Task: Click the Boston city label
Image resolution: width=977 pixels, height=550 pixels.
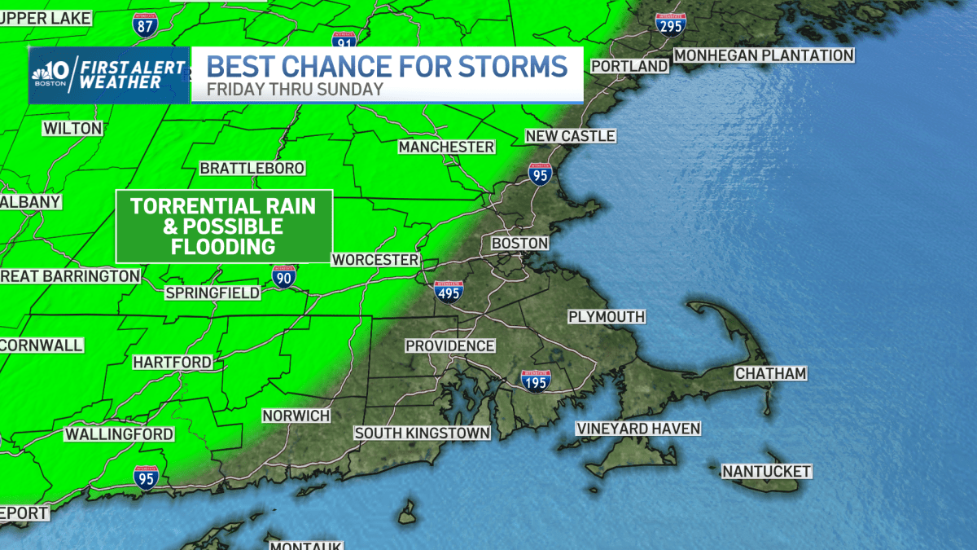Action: tap(519, 244)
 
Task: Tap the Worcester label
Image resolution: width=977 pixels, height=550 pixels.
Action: tap(375, 260)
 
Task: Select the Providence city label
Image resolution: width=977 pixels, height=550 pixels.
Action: tap(450, 345)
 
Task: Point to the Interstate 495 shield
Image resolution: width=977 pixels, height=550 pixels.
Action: tap(449, 291)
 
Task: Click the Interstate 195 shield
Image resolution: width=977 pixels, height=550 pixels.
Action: tap(534, 380)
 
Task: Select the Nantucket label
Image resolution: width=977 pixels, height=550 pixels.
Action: tap(767, 472)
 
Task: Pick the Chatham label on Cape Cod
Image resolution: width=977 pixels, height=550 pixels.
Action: tap(770, 373)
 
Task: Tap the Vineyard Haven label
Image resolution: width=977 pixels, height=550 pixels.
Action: tap(638, 429)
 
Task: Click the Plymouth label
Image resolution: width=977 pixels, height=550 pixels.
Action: tap(607, 316)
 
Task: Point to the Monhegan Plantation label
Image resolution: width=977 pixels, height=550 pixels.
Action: tap(764, 55)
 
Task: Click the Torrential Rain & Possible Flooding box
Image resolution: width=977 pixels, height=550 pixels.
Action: tap(224, 227)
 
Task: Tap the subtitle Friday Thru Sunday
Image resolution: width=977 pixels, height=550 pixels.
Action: tap(295, 90)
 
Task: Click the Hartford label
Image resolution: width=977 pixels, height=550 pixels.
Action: tap(172, 362)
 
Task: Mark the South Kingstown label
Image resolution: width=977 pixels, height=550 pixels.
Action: tap(422, 433)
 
